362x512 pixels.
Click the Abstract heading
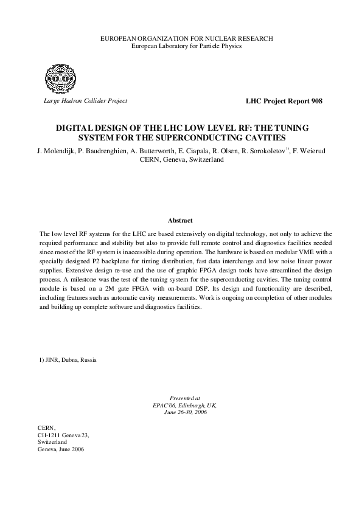coord(180,220)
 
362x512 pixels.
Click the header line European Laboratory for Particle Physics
coord(186,46)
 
